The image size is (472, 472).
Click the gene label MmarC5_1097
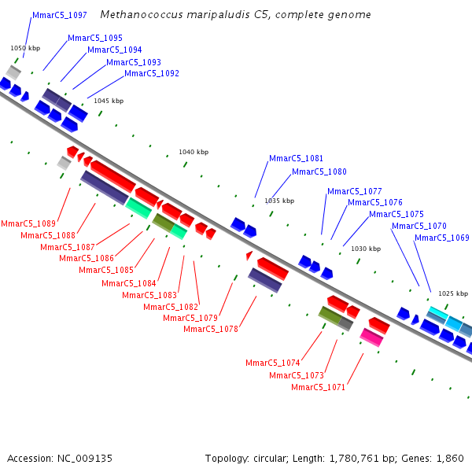(x=60, y=15)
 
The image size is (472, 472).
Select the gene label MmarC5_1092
(x=152, y=74)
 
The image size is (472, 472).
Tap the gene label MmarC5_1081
(x=296, y=158)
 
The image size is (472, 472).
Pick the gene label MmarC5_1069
(x=441, y=238)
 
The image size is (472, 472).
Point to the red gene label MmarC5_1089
(x=28, y=224)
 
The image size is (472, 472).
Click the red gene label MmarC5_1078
(x=210, y=329)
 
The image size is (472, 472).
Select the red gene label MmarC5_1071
(x=318, y=387)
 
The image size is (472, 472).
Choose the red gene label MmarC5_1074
(x=272, y=363)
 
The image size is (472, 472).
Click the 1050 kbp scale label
(x=24, y=48)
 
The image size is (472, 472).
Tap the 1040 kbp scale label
(x=194, y=152)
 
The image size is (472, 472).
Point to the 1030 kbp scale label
(x=366, y=249)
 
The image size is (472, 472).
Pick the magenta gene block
(x=371, y=337)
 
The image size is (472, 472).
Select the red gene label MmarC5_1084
(x=128, y=283)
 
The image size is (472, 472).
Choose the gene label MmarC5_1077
(x=354, y=191)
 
